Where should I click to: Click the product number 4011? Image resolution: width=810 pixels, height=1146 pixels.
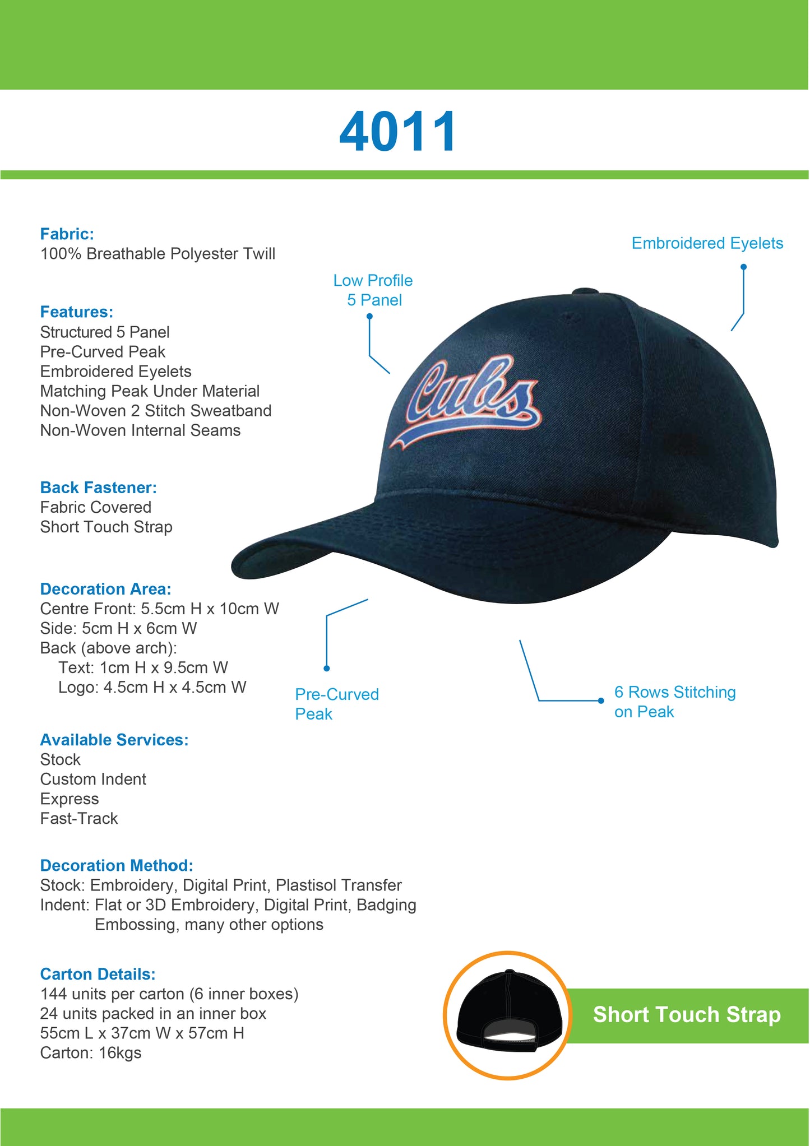pyautogui.click(x=397, y=132)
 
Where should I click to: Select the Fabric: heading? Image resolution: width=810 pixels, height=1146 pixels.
pyautogui.click(x=67, y=234)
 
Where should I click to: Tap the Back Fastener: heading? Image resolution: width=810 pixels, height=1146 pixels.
pyautogui.click(x=98, y=488)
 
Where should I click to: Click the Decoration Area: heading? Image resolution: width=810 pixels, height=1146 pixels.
pyautogui.click(x=105, y=589)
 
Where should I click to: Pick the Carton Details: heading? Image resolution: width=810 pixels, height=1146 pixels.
pyautogui.click(x=98, y=974)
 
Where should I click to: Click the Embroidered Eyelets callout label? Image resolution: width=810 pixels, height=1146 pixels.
pyautogui.click(x=707, y=243)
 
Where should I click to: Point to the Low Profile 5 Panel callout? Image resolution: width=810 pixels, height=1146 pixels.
pyautogui.click(x=373, y=290)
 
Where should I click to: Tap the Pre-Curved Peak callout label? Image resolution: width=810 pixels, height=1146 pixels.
pyautogui.click(x=336, y=704)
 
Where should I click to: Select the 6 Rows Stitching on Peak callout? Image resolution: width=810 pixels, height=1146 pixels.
pyautogui.click(x=674, y=702)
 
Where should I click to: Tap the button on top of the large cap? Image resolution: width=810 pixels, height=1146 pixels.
pyautogui.click(x=585, y=291)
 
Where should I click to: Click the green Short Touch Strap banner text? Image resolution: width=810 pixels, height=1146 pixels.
pyautogui.click(x=687, y=1015)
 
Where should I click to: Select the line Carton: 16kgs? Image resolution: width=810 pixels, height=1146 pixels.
pyautogui.click(x=91, y=1053)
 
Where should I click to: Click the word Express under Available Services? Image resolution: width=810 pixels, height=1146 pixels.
pyautogui.click(x=70, y=799)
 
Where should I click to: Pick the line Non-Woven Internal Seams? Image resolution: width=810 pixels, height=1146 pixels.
pyautogui.click(x=140, y=430)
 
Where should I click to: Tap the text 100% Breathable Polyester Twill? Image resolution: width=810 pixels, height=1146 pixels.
pyautogui.click(x=158, y=254)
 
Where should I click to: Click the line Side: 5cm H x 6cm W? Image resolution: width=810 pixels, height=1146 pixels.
pyautogui.click(x=118, y=628)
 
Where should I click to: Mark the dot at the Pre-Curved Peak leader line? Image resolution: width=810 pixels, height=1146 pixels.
pyautogui.click(x=327, y=668)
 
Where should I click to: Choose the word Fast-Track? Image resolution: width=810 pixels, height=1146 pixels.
pyautogui.click(x=79, y=818)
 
